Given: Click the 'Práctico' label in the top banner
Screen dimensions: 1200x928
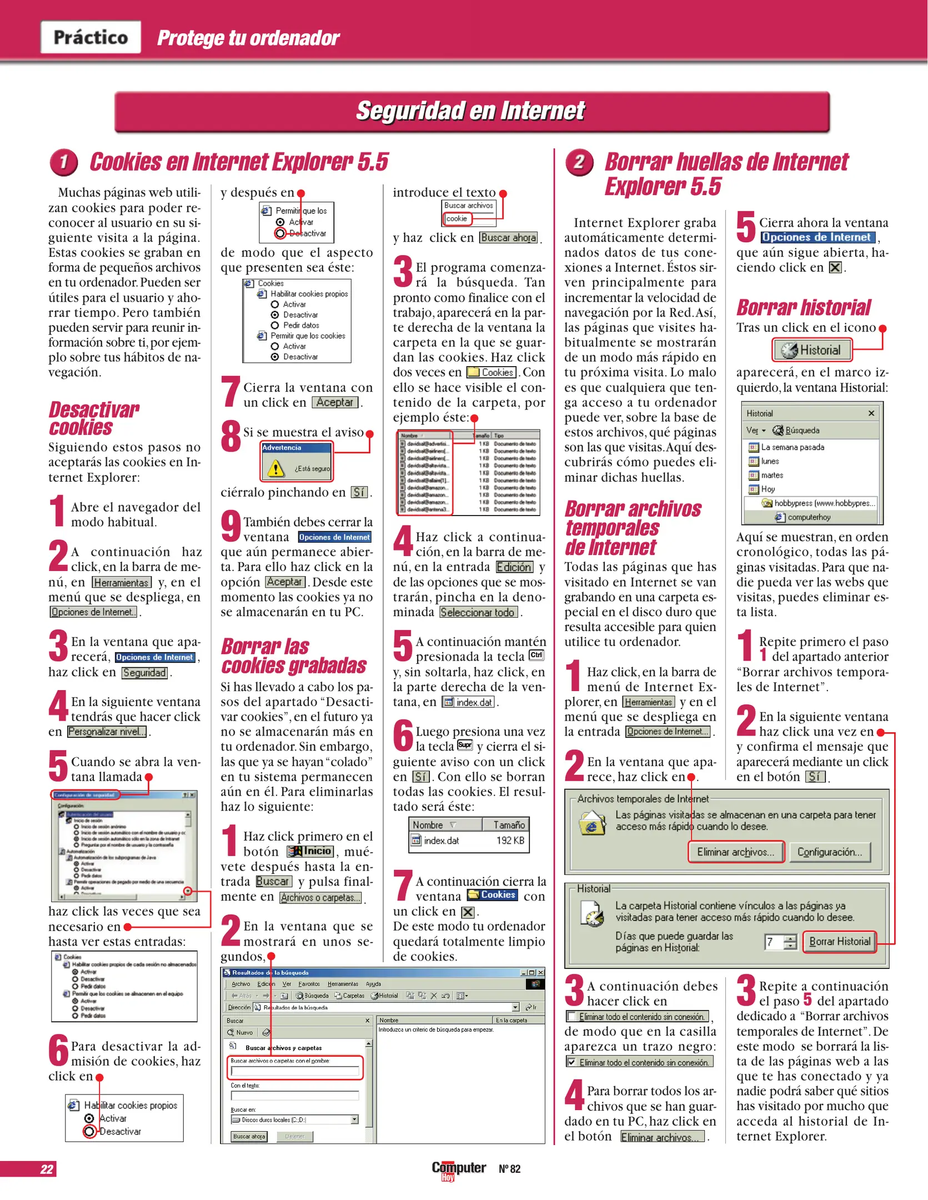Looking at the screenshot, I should [91, 37].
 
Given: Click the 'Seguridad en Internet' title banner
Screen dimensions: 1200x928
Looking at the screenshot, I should [471, 111].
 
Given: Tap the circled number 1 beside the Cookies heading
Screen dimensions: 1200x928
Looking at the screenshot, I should [63, 162].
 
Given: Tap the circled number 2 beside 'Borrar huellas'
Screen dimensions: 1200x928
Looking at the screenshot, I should [579, 162].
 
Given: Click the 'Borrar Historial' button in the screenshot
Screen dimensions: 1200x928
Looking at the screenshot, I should [839, 941].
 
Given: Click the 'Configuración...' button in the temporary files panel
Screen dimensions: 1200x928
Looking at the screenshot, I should [829, 852].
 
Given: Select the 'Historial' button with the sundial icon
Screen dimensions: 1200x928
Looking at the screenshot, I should [811, 350].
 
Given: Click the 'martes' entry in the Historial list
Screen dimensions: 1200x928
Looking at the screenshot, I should [771, 475].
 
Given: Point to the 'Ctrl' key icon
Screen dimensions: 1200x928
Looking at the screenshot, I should [536, 655].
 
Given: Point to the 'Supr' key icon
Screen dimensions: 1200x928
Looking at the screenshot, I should [465, 745].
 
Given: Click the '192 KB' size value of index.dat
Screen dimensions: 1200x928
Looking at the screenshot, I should [510, 841].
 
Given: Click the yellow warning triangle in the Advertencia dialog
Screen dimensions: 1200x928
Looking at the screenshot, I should [275, 469].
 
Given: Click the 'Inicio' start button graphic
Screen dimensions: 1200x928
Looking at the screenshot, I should [310, 851].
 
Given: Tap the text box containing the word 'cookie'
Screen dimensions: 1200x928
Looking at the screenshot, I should [457, 219].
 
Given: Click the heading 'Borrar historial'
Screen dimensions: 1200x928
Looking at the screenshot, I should [803, 307].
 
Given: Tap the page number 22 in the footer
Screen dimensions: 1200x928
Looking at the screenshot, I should [47, 1169].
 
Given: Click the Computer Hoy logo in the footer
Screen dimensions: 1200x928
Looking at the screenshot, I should [458, 1169].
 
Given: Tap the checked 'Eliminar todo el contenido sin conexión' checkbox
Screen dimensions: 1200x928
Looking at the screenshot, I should [571, 1062].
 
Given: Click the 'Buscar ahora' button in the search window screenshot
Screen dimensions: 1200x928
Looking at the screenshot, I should [249, 1136].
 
